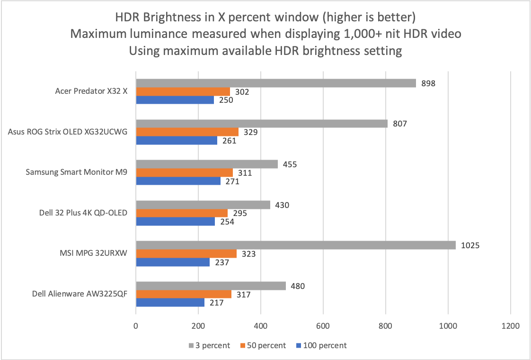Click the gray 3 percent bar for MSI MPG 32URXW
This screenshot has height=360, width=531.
click(296, 245)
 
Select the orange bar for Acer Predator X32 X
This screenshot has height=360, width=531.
click(183, 91)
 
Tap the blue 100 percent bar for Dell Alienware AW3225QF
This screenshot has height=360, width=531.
click(170, 303)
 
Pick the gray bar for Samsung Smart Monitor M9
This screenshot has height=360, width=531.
click(207, 164)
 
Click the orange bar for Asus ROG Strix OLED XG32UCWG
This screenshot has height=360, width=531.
click(187, 132)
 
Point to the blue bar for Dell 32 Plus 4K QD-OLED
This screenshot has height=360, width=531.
click(175, 222)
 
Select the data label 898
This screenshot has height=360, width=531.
click(428, 83)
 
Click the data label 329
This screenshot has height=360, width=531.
click(251, 132)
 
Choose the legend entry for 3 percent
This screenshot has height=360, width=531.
click(209, 345)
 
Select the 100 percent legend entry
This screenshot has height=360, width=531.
click(322, 345)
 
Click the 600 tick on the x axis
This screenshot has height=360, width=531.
click(323, 326)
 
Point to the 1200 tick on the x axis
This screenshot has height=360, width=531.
click(510, 326)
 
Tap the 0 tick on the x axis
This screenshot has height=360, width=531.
click(136, 326)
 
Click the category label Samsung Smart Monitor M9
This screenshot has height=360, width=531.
click(76, 172)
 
